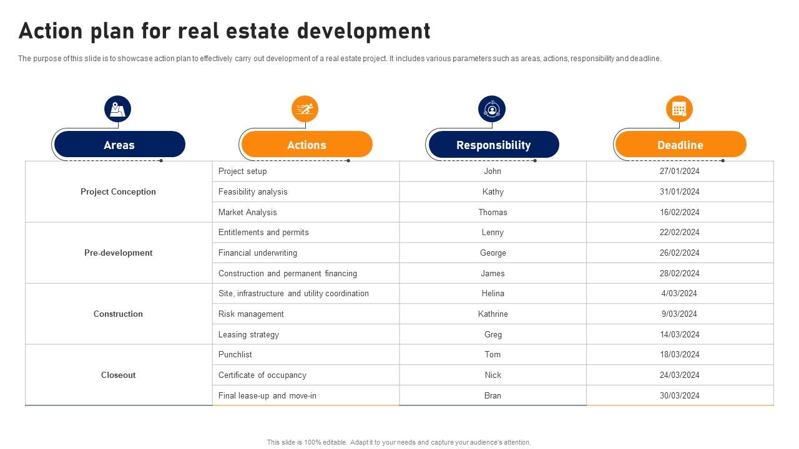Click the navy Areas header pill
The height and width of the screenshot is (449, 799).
[119, 145]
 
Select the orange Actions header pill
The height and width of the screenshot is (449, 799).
[306, 145]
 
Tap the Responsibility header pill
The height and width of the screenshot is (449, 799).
[493, 145]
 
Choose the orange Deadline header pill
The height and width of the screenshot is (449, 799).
[680, 145]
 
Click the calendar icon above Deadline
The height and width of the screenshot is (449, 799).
[679, 109]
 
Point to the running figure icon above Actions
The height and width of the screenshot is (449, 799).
[305, 109]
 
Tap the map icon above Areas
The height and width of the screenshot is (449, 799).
[117, 109]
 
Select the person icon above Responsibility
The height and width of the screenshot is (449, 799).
[492, 109]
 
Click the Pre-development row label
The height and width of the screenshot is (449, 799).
[118, 253]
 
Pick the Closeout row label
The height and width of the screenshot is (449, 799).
[118, 375]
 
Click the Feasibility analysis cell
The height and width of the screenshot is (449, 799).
[253, 191]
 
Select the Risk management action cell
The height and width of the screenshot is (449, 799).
[251, 314]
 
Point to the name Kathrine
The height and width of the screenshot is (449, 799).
[493, 314]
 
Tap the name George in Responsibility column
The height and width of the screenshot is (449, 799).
[493, 253]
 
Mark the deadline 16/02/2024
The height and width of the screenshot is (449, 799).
[679, 212]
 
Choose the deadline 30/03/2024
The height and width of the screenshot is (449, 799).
[679, 395]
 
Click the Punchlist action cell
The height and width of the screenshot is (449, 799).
[235, 354]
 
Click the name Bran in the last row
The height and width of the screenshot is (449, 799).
[493, 395]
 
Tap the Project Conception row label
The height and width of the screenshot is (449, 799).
[118, 191]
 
